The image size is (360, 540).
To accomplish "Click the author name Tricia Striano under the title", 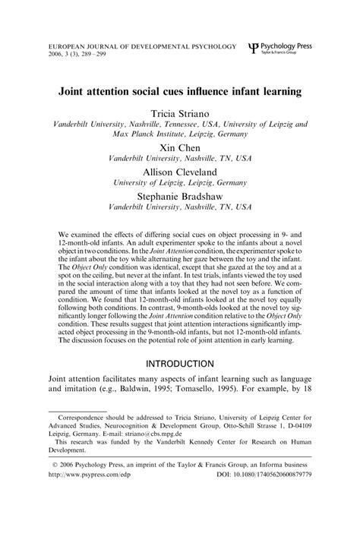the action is pyautogui.click(x=179, y=112).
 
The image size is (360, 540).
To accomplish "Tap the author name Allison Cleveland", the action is pyautogui.click(x=179, y=172).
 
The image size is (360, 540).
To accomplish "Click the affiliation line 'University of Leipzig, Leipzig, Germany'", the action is pyautogui.click(x=179, y=183).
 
